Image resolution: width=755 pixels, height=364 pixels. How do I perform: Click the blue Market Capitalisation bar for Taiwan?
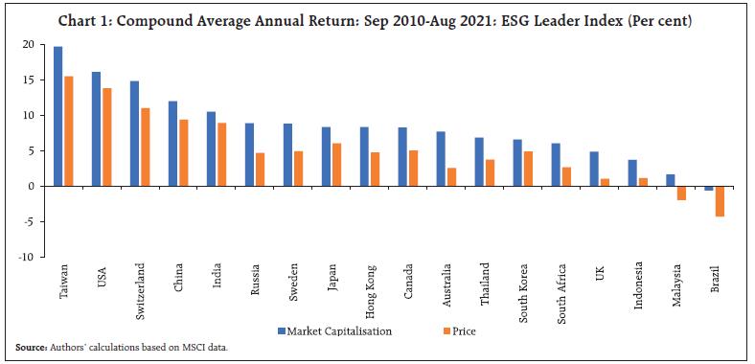pyautogui.click(x=58, y=116)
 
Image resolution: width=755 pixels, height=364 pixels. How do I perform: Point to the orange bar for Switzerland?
pyautogui.click(x=145, y=147)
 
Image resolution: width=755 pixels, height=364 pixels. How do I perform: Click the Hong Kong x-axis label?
pyautogui.click(x=366, y=286)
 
